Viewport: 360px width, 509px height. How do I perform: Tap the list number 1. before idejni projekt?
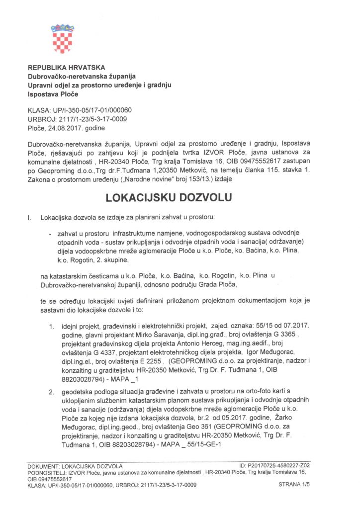[x=51, y=326]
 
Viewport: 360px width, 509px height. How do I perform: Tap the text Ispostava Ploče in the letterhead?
[x=53, y=93]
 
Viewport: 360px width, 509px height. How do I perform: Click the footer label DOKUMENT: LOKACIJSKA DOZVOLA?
[x=75, y=466]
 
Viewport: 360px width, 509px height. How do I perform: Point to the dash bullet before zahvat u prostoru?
[x=51, y=233]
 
